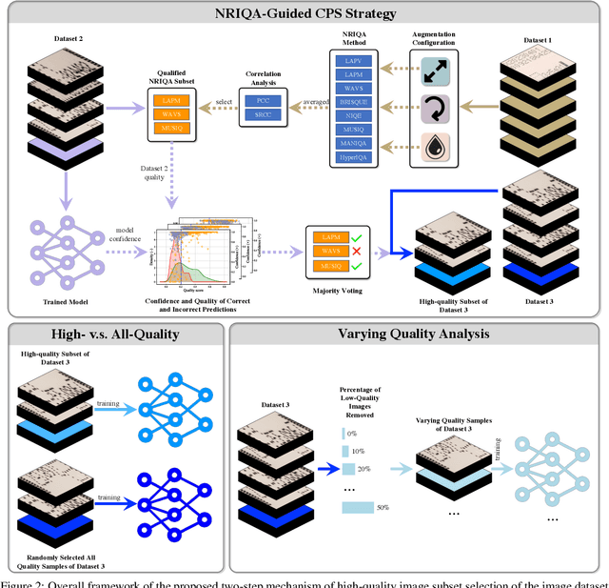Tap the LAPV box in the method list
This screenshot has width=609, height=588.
tap(361, 58)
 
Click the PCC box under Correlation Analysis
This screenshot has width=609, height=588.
tap(262, 99)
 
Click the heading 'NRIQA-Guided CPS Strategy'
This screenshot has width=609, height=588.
tap(304, 14)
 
